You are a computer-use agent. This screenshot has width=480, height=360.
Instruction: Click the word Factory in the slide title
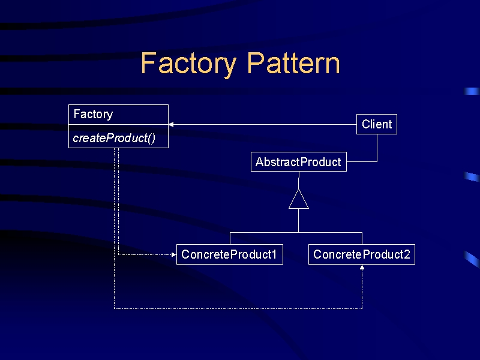point(188,64)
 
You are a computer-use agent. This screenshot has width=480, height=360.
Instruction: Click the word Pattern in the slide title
point(293,63)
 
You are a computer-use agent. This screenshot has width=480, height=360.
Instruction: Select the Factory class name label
point(94,115)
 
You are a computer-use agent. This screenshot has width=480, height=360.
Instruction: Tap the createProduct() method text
point(114,138)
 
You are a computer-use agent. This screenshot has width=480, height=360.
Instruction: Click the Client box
point(377,124)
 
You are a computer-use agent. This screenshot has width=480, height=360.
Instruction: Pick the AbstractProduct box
point(298,161)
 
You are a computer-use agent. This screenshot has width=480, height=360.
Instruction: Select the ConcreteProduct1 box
point(230,254)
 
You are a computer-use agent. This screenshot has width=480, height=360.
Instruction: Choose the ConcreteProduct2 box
point(362,254)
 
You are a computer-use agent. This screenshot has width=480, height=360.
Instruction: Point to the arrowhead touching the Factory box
point(171,125)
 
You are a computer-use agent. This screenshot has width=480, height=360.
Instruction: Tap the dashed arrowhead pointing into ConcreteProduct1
point(174,254)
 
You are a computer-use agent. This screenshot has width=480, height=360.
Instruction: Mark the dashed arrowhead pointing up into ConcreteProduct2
point(362,267)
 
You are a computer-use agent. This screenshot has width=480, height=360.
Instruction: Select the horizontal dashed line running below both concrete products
point(238,308)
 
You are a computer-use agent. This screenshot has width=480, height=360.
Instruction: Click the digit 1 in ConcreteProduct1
point(274,254)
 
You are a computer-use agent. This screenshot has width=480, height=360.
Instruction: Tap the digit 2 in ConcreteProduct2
point(407,254)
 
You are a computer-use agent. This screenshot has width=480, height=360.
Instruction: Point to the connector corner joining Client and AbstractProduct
point(377,161)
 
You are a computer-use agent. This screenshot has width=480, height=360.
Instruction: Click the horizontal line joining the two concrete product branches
point(296,233)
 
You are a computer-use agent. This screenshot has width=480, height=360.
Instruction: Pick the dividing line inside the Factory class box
point(118,125)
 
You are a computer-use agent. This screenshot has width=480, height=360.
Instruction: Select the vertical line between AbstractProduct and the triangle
point(298,181)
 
